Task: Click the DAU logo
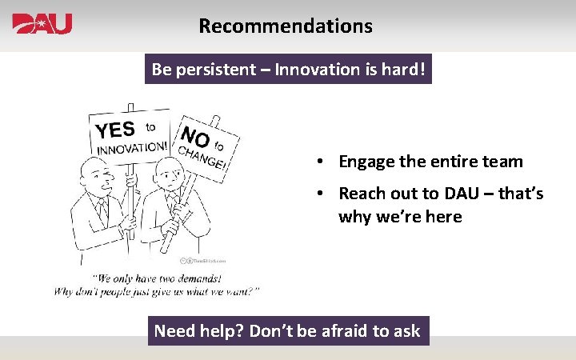[42, 24]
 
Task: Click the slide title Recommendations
[286, 26]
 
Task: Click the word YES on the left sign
[115, 130]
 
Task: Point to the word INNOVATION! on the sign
[133, 147]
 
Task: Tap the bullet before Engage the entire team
[318, 162]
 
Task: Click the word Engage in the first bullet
[366, 162]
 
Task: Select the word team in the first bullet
[503, 162]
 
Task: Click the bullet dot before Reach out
[318, 194]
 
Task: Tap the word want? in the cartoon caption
[240, 291]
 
